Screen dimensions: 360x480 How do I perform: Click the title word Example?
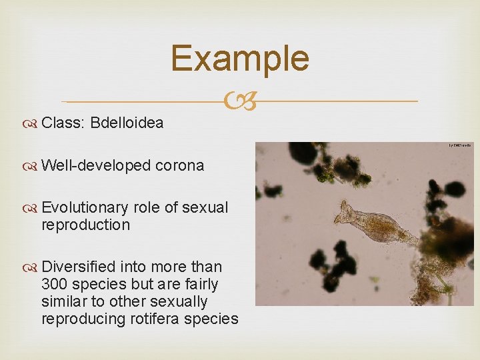240,58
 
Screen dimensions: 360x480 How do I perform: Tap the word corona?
179,165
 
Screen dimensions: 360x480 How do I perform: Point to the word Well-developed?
96,165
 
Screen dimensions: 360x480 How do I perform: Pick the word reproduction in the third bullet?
85,225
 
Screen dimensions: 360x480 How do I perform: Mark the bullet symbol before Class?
31,123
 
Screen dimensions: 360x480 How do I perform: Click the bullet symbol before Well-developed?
31,166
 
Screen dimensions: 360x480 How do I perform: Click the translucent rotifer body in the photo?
380,227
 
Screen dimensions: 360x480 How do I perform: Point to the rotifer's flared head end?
345,213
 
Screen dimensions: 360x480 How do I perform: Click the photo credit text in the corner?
459,145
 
